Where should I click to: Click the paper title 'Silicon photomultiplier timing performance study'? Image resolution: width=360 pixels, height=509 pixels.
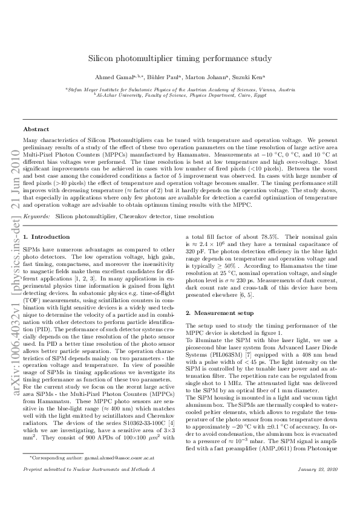click(180, 59)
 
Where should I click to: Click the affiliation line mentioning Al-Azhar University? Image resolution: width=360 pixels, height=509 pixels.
click(180, 94)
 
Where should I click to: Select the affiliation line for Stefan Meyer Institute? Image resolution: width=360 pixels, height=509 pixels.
click(180, 89)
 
